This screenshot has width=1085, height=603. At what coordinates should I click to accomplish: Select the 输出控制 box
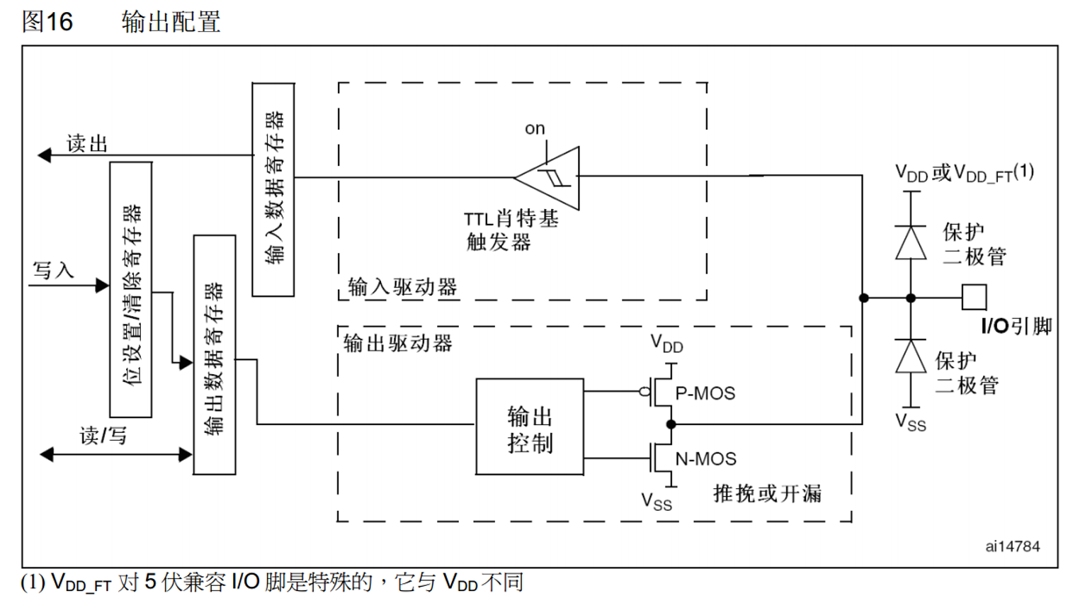tap(529, 427)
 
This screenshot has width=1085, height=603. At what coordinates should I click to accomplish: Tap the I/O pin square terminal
tap(974, 298)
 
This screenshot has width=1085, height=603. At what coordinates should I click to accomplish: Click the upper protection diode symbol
tap(911, 243)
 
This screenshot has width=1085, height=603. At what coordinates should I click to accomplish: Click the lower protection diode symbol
tap(911, 356)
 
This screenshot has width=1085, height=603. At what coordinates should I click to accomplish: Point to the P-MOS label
tap(705, 393)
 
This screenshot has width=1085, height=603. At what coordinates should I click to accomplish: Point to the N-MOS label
tap(705, 459)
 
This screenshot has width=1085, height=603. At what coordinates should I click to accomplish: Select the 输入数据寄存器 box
tap(273, 189)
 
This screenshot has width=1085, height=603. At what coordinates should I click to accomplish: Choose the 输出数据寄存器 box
tap(215, 354)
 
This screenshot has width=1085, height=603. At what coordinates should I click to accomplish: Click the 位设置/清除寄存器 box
tap(131, 290)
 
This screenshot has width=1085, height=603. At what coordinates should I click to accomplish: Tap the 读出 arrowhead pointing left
tap(45, 155)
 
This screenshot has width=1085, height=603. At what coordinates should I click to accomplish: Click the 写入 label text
tap(53, 270)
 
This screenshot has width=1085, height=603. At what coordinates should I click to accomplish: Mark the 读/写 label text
tap(103, 435)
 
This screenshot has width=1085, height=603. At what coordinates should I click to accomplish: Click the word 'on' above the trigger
tap(535, 128)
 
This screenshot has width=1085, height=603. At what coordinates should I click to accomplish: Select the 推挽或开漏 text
tap(767, 493)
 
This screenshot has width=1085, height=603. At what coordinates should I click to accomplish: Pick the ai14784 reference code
tap(1012, 546)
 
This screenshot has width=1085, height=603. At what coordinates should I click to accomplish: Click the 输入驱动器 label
tap(402, 287)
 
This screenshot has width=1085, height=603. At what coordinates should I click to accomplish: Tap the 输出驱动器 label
tap(398, 344)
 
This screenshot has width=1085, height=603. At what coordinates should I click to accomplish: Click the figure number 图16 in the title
tap(47, 21)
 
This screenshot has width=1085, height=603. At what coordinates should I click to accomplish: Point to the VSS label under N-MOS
tap(657, 501)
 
